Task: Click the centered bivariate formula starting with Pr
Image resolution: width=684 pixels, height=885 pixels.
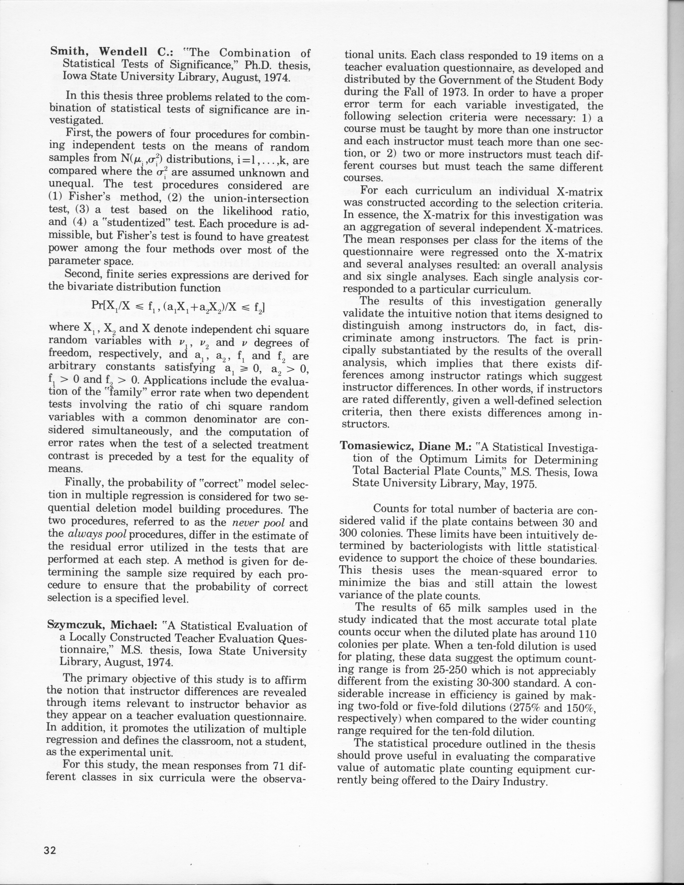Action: click(x=178, y=309)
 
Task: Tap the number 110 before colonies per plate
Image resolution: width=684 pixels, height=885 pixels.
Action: click(x=586, y=633)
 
